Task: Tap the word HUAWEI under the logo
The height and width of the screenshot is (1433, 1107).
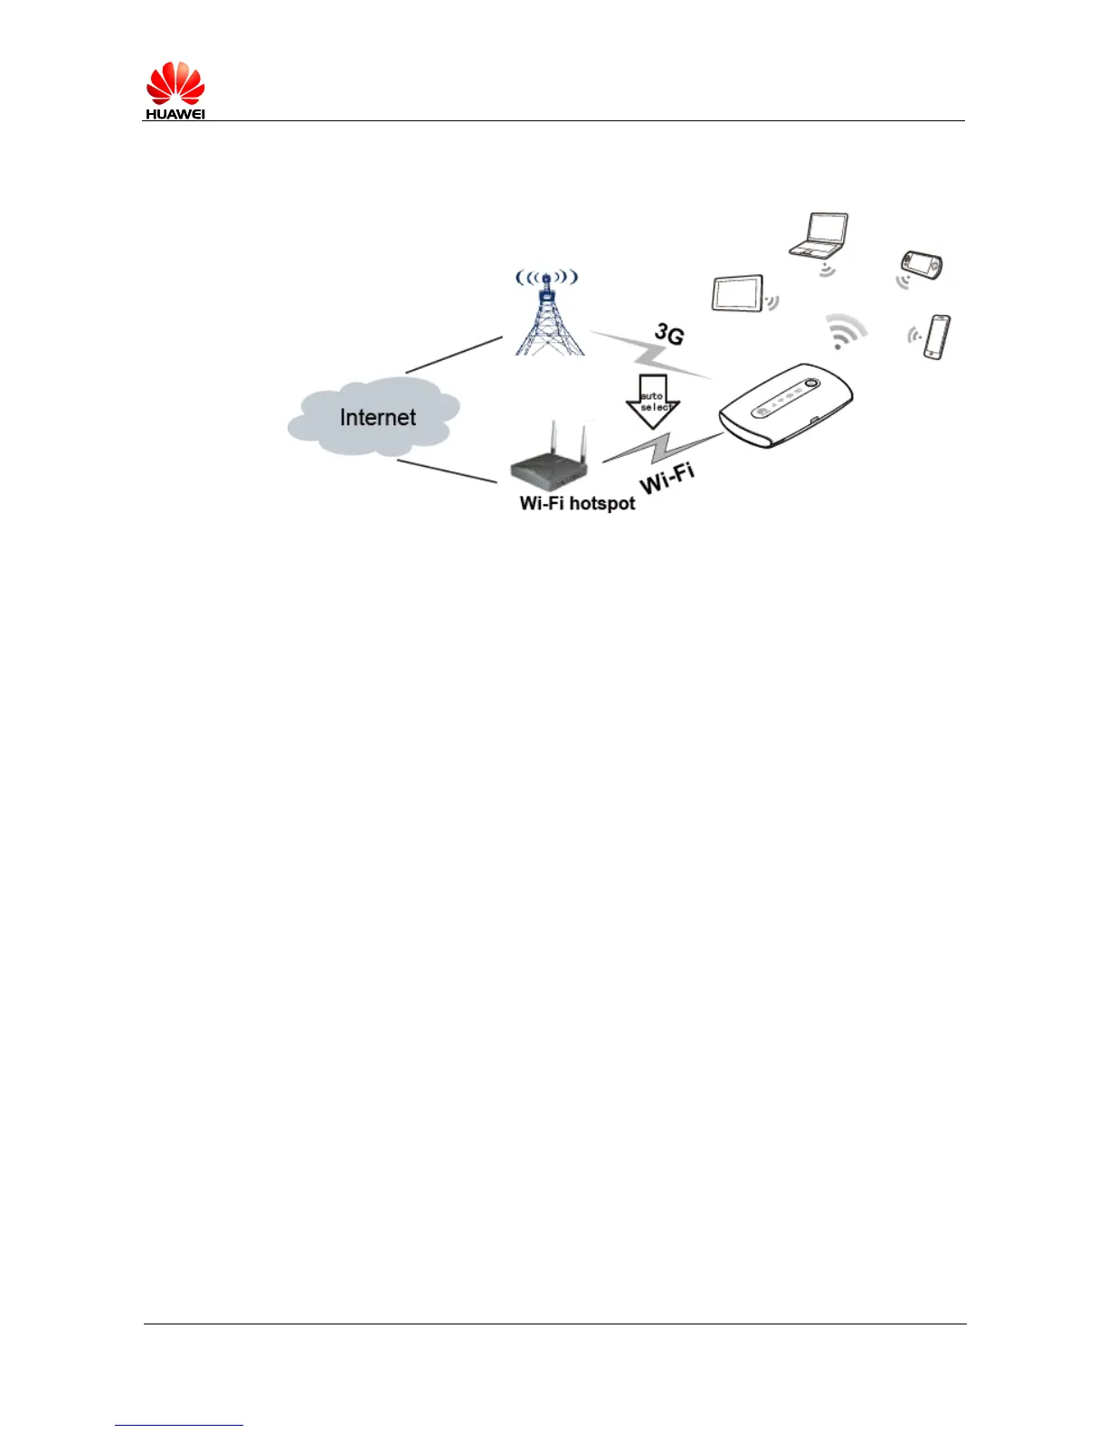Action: pyautogui.click(x=175, y=115)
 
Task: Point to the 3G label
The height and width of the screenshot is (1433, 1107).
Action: pyautogui.click(x=669, y=334)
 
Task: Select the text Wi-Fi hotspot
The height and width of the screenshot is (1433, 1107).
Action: pyautogui.click(x=577, y=503)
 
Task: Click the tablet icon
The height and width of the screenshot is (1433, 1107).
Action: pyautogui.click(x=738, y=293)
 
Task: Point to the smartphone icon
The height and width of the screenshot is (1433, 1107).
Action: pyautogui.click(x=937, y=337)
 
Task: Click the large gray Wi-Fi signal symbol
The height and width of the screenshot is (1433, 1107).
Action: pyautogui.click(x=846, y=332)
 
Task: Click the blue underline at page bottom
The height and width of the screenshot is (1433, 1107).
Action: pyautogui.click(x=179, y=1426)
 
